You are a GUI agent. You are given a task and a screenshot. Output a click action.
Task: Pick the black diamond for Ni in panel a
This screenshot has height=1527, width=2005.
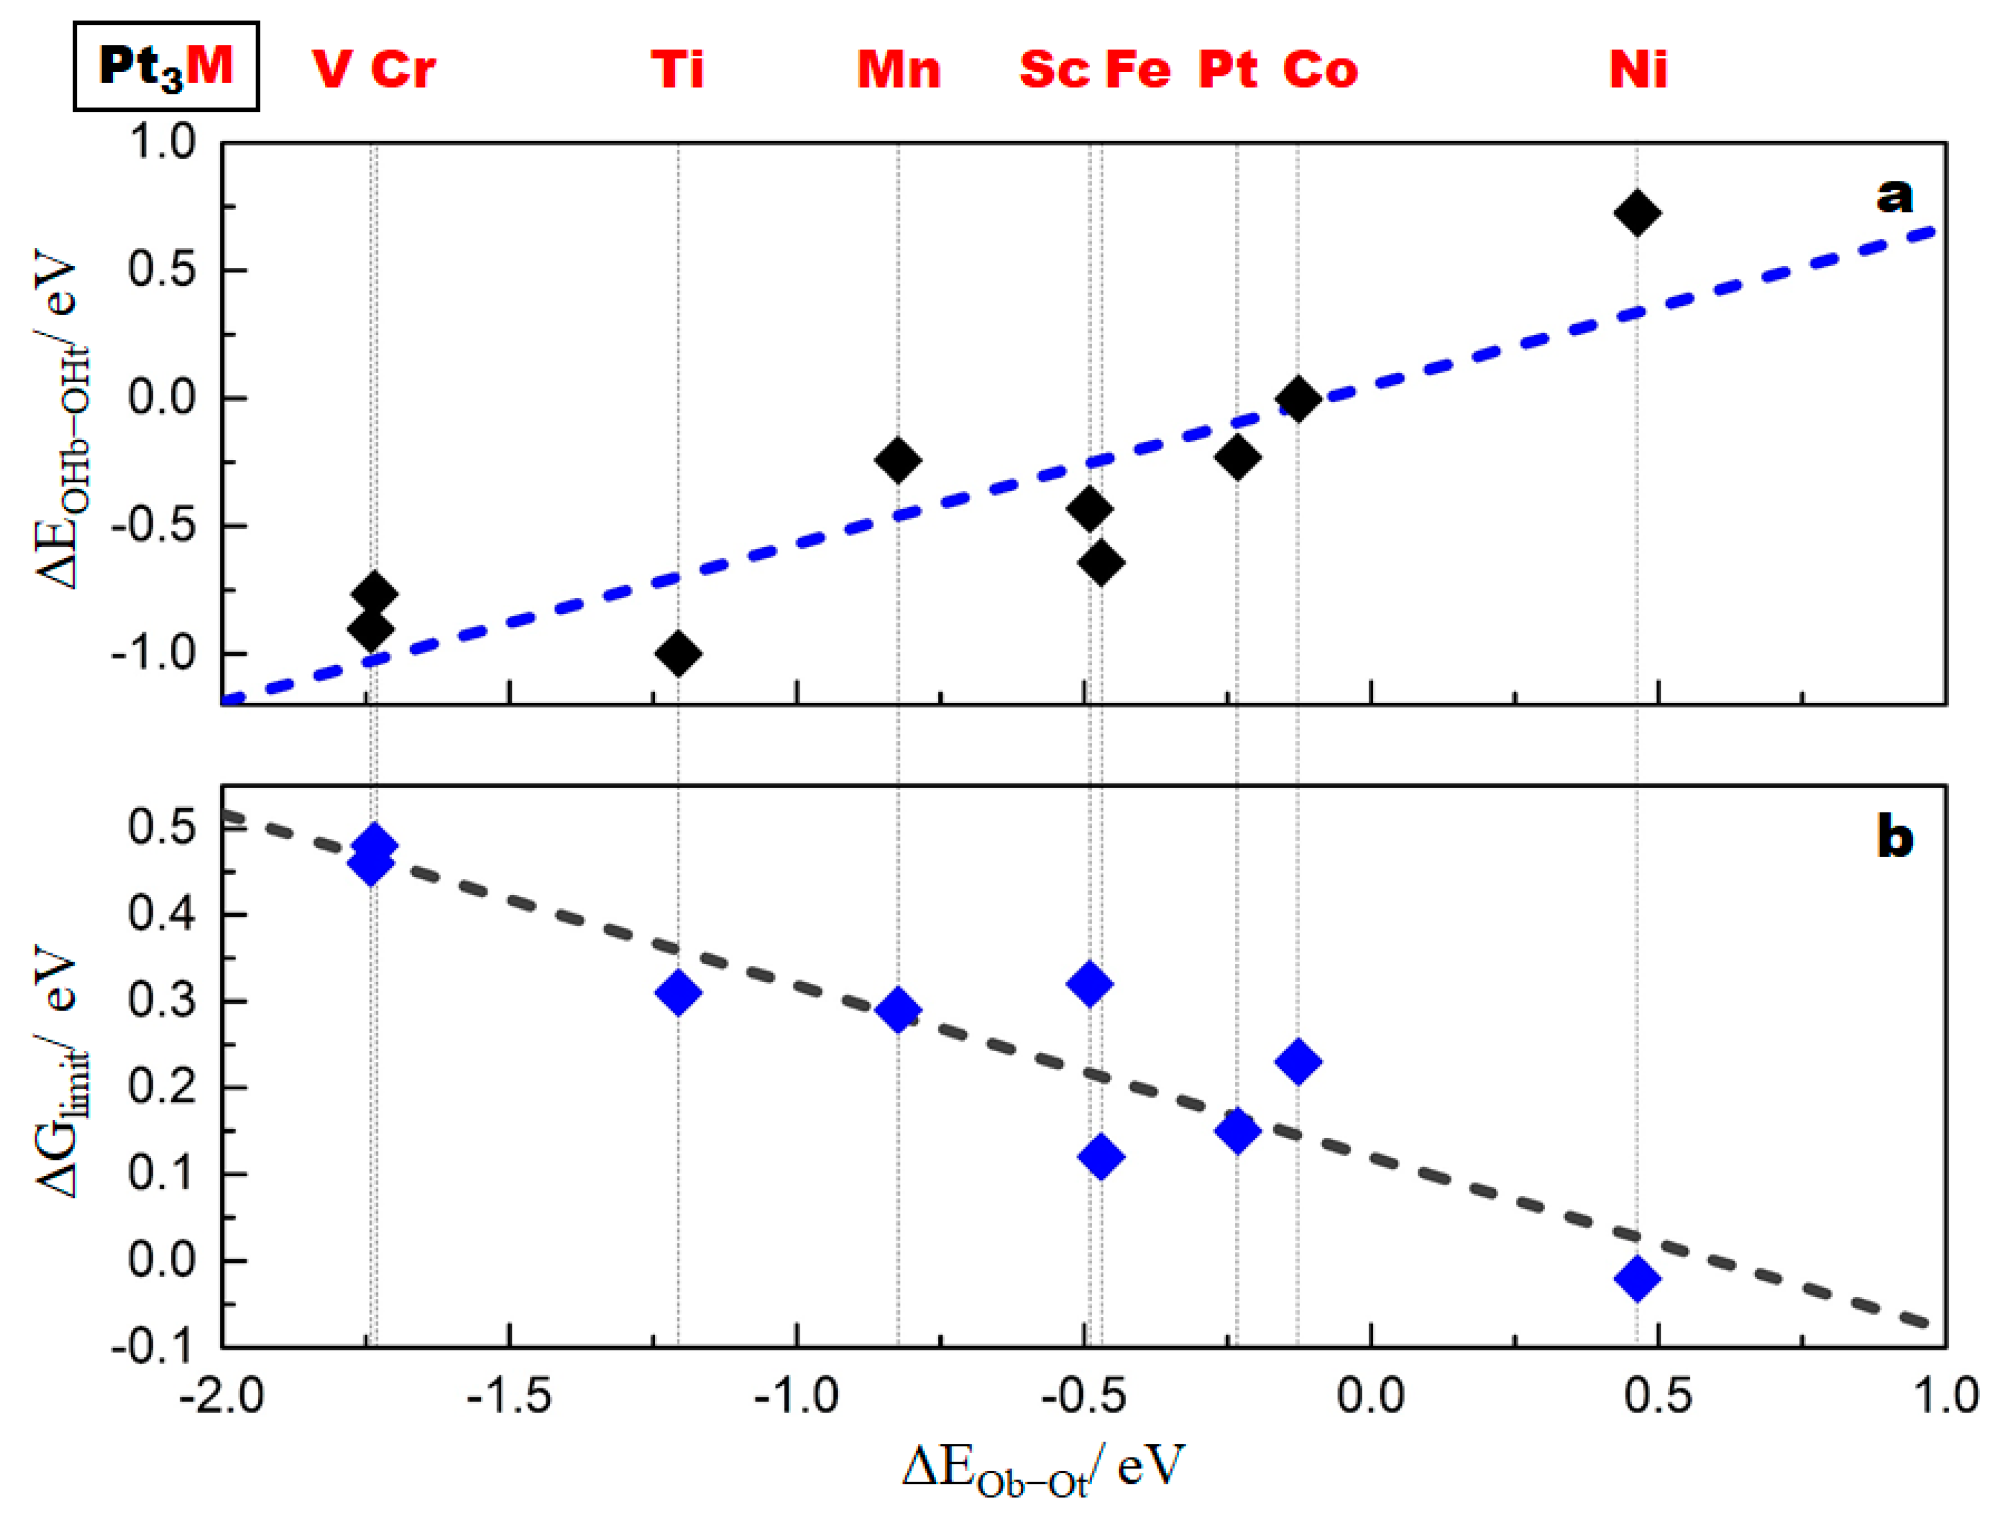tap(1637, 213)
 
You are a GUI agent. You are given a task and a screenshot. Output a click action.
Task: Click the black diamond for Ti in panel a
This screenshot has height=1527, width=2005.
tap(677, 653)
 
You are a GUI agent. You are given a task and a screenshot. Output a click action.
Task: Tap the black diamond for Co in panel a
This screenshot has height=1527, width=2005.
tap(1297, 398)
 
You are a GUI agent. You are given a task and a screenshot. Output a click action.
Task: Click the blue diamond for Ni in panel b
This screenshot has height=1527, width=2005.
tap(1637, 1279)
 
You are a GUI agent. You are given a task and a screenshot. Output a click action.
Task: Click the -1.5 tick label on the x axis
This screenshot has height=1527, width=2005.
tap(509, 1395)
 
